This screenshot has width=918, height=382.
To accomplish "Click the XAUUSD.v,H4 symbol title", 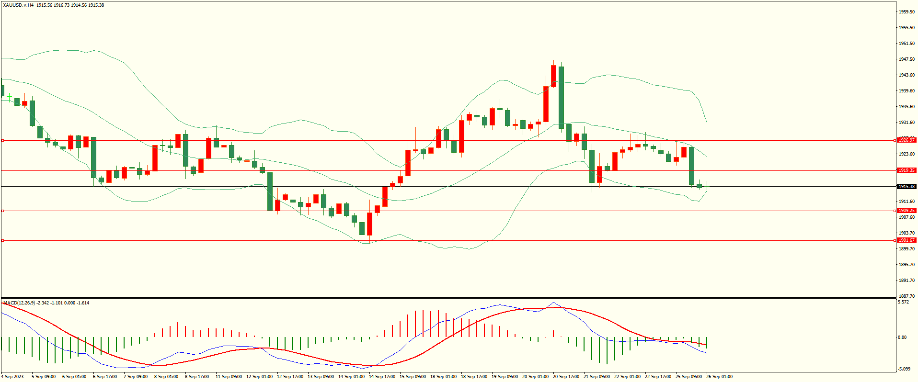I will click(x=18, y=5).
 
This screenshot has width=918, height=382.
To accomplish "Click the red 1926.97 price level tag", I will click(x=906, y=140).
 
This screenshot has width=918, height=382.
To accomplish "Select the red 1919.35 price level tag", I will click(x=906, y=170).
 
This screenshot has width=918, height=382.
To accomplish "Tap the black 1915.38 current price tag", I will click(x=906, y=187).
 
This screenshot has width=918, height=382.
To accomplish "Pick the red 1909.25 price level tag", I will click(x=906, y=211).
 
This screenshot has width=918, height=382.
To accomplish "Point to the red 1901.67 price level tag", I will click(x=906, y=240).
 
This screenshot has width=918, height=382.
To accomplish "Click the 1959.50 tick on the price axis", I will click(x=907, y=12).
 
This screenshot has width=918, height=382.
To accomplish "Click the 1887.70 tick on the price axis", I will click(x=907, y=296).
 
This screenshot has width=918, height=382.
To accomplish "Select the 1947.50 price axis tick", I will click(x=907, y=59).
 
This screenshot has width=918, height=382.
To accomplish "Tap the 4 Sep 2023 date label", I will click(x=13, y=377).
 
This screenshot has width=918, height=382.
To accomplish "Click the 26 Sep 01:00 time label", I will click(x=719, y=377).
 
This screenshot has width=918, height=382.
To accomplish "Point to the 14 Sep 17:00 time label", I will click(x=382, y=377).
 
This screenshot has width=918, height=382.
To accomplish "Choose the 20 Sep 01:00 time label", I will click(x=535, y=377).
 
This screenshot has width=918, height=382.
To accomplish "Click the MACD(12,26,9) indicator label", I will click(x=19, y=303).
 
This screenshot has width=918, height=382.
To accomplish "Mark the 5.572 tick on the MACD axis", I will click(x=903, y=303).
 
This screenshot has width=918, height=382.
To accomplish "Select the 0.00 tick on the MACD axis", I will click(x=902, y=337).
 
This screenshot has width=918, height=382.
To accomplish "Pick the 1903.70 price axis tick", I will click(x=907, y=233).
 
